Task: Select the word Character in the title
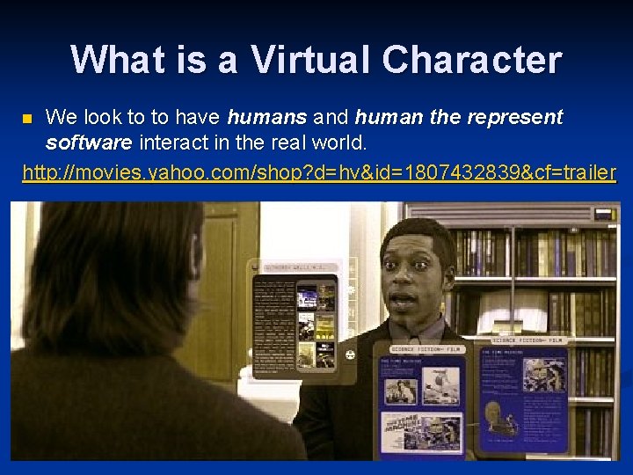[471, 60]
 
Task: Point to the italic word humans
[266, 117]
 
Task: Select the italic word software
[89, 142]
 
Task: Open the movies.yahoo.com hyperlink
[319, 172]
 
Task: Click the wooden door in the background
[233, 290]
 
